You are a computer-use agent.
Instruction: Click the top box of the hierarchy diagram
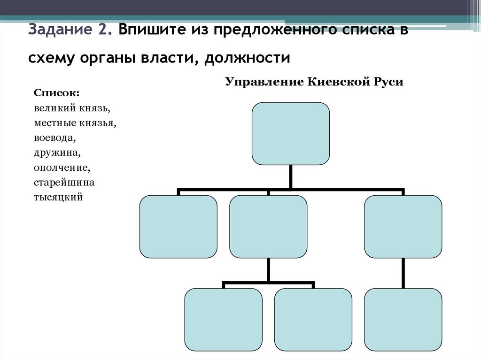pos(291,134)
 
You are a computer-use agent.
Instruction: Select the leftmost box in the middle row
pos(178,227)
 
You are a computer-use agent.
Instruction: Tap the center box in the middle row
pos(269,227)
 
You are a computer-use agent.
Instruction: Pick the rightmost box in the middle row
pos(403,227)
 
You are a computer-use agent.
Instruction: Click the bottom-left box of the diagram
pos(224,320)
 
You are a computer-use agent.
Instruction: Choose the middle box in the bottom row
pos(313,320)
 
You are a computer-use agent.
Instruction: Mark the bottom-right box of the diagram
pos(403,320)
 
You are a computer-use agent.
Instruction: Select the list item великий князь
pos(72,108)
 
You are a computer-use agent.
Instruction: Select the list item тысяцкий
pos(58,197)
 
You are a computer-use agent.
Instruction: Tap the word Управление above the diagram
pos(264,82)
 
